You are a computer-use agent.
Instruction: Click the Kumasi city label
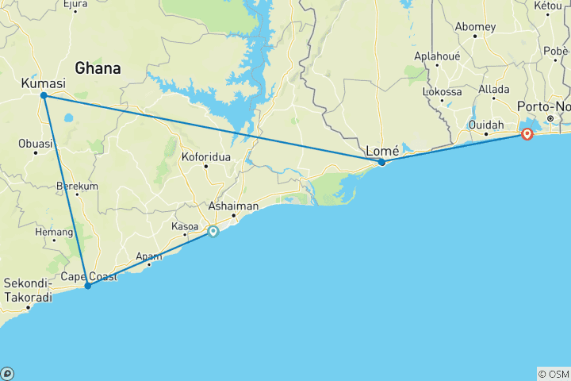click(x=43, y=83)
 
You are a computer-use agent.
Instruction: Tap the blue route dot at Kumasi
click(x=44, y=96)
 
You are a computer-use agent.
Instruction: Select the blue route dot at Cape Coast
click(x=87, y=286)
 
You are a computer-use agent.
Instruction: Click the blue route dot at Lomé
click(x=381, y=163)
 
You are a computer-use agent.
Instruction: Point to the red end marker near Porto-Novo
click(x=527, y=134)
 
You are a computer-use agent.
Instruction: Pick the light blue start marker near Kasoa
click(x=213, y=232)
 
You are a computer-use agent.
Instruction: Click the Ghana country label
click(x=98, y=69)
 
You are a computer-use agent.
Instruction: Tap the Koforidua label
click(x=206, y=157)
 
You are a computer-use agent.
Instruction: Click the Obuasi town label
click(x=36, y=144)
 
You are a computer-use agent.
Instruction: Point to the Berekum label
click(x=77, y=187)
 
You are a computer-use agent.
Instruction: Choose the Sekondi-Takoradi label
click(x=29, y=290)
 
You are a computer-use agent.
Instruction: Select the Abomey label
click(x=475, y=26)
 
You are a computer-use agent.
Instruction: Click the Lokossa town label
click(x=443, y=92)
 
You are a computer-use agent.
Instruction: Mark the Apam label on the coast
click(x=148, y=256)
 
